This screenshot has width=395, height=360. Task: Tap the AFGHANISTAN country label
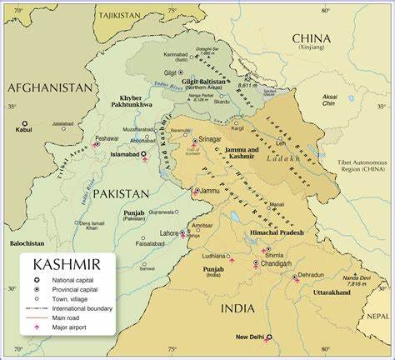tap(50, 87)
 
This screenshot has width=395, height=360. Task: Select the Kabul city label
tap(23, 130)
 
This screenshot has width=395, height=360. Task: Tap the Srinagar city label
tap(210, 139)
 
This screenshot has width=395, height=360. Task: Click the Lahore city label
tap(169, 233)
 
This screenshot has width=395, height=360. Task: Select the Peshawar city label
tap(107, 138)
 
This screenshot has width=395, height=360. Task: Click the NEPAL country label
tap(377, 316)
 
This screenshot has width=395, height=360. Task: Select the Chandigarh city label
tap(276, 263)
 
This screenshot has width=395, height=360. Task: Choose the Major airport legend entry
tap(68, 326)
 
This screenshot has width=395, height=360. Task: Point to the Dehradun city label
tap(310, 275)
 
